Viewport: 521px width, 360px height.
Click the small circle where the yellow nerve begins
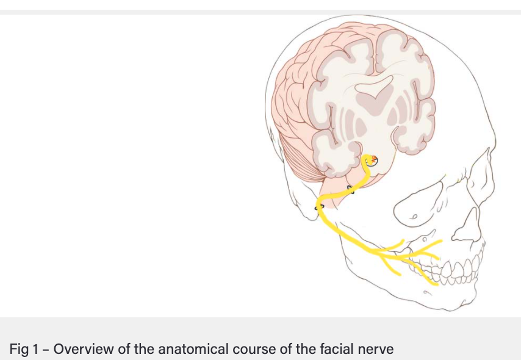point(371,160)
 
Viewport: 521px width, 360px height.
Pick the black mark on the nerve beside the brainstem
point(350,190)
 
